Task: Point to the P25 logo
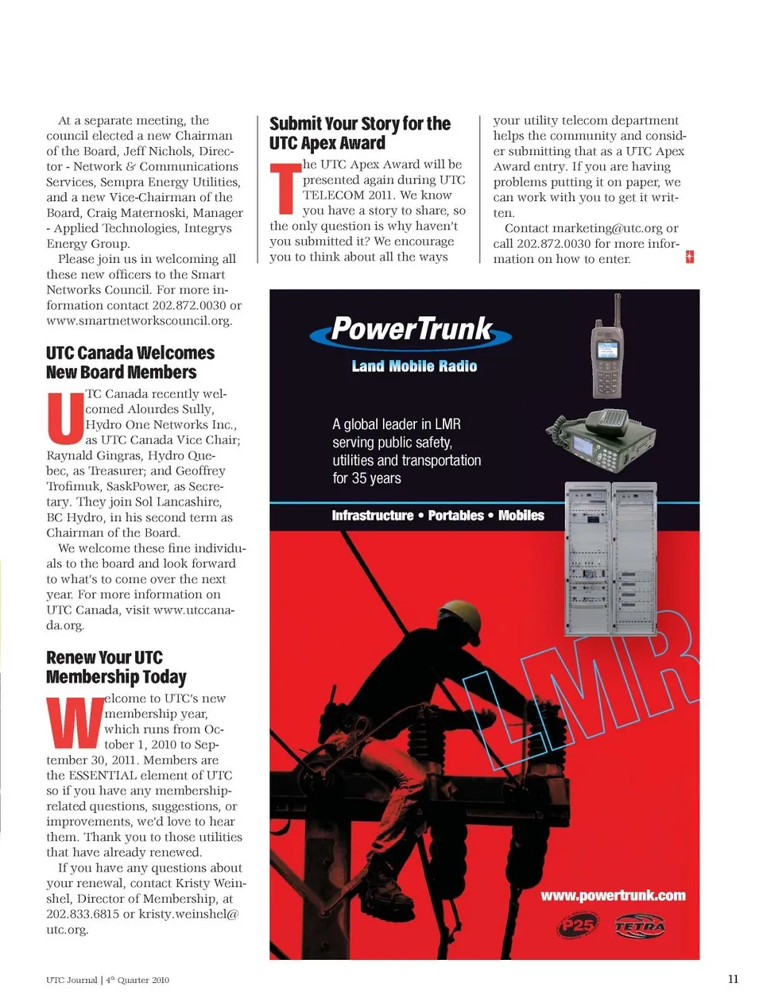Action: (576, 927)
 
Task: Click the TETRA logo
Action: (639, 927)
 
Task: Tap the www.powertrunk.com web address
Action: (613, 896)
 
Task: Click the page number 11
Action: (733, 979)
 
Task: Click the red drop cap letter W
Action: (75, 722)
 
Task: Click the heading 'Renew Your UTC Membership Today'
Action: (116, 667)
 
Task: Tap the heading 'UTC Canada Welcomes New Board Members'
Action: (130, 362)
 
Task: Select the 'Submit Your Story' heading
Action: (359, 133)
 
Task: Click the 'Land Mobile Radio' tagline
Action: (414, 366)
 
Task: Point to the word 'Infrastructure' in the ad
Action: (372, 516)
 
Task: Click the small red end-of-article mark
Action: (690, 257)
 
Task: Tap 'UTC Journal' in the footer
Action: (72, 980)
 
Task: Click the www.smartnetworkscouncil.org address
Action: (139, 321)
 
